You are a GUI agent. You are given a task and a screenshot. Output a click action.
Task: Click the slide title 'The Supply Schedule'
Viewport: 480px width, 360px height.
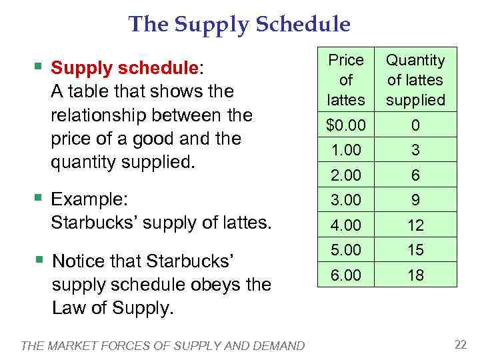point(239,25)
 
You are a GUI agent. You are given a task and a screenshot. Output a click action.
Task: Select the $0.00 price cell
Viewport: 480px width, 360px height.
point(346,125)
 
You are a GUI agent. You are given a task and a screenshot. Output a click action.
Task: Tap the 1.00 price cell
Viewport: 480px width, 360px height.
point(346,151)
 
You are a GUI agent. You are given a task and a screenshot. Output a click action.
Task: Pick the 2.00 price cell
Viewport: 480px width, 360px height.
point(346,175)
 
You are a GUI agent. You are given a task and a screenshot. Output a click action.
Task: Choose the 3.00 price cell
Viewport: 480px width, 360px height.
point(346,200)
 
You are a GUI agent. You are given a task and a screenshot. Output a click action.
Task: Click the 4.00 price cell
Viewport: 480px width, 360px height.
point(346,225)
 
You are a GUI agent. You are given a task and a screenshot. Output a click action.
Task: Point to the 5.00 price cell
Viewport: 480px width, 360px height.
point(346,250)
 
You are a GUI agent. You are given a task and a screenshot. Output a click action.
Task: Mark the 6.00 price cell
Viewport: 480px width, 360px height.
point(346,275)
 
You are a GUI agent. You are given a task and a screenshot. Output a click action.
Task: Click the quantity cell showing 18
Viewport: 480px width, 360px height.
point(415,275)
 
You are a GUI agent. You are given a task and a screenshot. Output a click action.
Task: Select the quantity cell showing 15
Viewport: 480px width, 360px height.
point(415,250)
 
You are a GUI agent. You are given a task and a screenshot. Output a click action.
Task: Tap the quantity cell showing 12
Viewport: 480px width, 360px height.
point(415,225)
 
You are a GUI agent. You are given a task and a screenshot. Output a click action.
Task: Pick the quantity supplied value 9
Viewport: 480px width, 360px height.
point(415,200)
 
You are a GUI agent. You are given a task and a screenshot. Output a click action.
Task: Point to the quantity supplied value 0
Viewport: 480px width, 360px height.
point(415,125)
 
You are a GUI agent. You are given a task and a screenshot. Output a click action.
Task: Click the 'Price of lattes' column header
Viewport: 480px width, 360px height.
point(346,80)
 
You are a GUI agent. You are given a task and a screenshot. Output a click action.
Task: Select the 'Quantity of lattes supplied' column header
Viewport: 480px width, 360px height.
point(415,80)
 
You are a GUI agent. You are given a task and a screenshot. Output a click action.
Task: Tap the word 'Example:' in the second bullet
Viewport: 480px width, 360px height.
point(89,199)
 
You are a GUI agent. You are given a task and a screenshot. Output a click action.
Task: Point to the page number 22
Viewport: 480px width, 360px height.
point(460,344)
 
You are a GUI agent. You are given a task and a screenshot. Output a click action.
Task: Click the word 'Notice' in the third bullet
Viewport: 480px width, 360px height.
point(77,260)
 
